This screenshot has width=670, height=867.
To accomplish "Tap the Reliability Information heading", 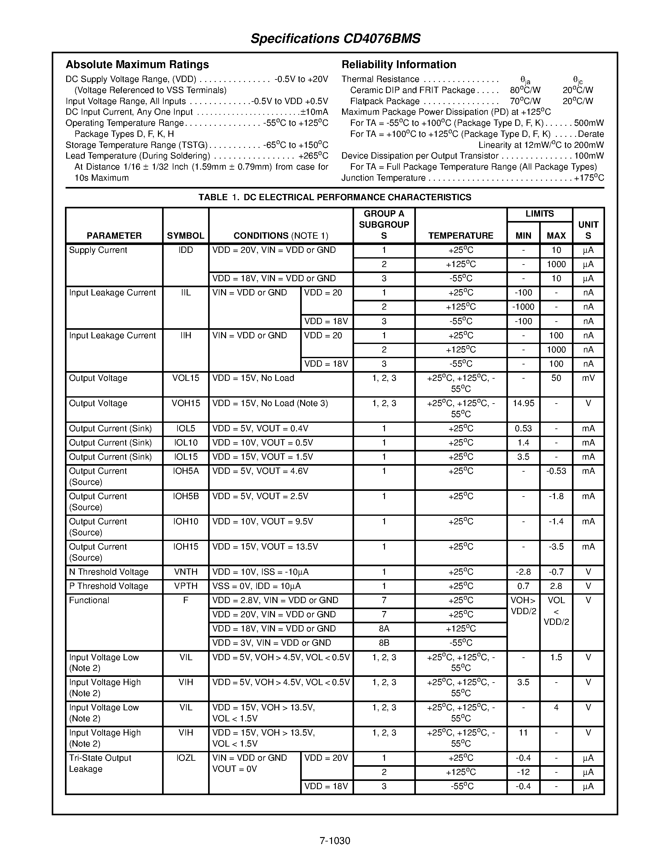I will point(399,64).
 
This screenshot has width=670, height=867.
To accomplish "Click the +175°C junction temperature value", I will point(589,178).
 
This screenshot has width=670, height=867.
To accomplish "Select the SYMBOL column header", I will point(185,236).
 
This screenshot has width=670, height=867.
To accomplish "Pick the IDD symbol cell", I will point(185,250).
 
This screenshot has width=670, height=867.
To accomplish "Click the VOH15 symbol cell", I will point(185,403).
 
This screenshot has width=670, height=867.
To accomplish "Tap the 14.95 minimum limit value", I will point(523,403).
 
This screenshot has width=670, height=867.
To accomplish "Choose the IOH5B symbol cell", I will point(185,496).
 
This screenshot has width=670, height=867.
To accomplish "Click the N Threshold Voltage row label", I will point(108,572).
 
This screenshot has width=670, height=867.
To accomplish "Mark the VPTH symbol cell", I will point(185,586).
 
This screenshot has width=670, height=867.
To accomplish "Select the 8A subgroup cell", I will point(384,629).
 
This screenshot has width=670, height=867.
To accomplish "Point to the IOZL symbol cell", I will point(185,758).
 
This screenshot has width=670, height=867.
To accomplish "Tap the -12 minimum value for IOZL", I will point(523,772).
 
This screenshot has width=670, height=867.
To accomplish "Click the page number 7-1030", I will point(335,841).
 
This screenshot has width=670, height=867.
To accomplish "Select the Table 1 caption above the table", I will point(335,197).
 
